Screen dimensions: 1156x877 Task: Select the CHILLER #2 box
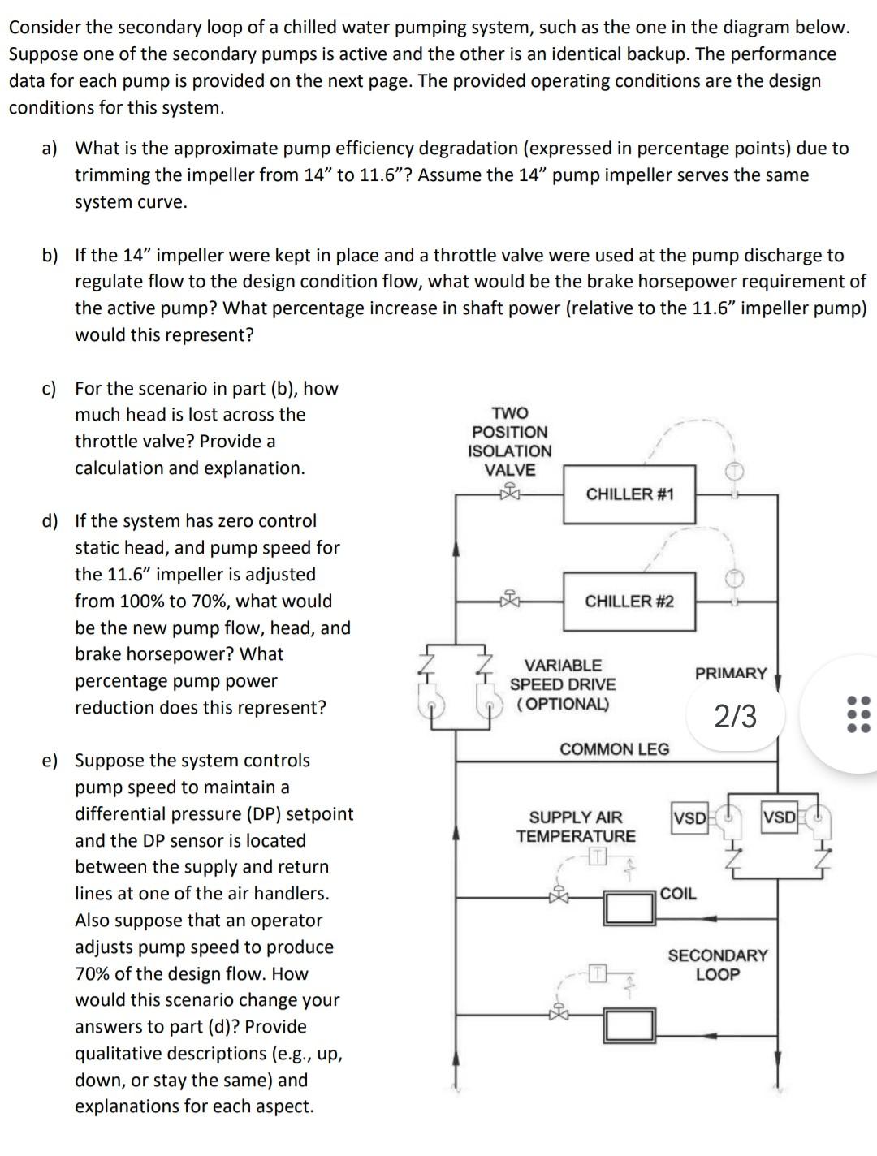[x=629, y=602]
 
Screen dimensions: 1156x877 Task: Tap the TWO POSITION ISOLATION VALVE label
[x=510, y=442]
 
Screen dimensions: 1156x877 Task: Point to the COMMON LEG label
[x=615, y=748]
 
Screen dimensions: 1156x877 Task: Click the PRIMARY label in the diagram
[x=731, y=673]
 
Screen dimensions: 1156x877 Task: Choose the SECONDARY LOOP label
[x=717, y=964]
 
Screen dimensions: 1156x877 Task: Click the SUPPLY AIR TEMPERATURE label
[x=576, y=826]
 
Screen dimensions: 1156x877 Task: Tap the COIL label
[x=678, y=894]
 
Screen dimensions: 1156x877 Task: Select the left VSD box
[x=689, y=817]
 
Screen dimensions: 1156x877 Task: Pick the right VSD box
[x=779, y=817]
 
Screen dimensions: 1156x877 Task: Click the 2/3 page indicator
[x=735, y=716]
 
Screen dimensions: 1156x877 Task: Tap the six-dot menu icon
[x=858, y=714]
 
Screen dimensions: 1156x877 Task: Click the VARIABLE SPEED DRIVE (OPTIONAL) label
[x=563, y=684]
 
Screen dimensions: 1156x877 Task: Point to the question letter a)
[x=50, y=149]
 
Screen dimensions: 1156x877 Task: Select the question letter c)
[x=50, y=389]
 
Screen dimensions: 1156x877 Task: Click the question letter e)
[x=50, y=761]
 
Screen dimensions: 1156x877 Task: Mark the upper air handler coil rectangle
[x=629, y=908]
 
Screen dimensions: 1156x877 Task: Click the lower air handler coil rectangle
[x=629, y=1026]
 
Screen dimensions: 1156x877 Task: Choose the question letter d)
[x=50, y=521]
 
